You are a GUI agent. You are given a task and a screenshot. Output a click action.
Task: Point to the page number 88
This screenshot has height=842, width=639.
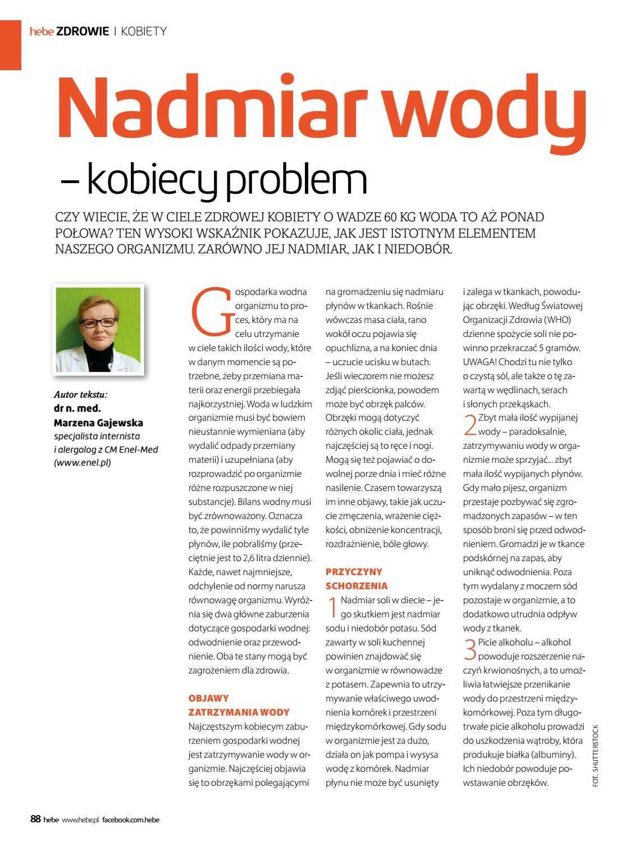coord(35,820)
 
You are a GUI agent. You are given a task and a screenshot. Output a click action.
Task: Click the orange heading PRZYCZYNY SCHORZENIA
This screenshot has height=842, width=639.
coord(354,579)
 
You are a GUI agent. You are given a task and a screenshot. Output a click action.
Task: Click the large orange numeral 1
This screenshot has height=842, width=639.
coord(332,606)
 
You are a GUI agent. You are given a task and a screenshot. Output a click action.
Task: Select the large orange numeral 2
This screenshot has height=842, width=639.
coord(470,425)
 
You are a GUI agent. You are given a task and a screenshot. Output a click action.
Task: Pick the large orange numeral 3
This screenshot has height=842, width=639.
coord(470,649)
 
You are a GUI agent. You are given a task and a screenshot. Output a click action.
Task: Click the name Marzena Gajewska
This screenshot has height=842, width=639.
coord(98,422)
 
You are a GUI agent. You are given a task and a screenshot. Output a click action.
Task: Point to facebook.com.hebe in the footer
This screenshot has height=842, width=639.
coord(131,820)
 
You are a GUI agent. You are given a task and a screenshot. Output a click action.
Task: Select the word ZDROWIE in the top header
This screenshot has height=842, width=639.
coord(83,31)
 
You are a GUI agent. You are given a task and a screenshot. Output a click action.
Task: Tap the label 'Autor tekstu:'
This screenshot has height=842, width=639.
coord(80,394)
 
